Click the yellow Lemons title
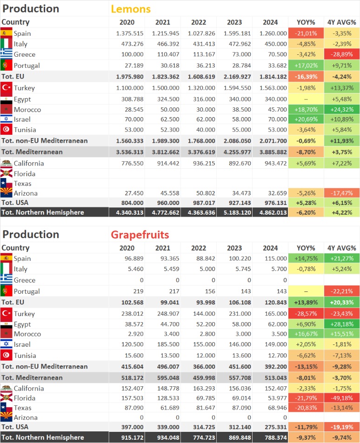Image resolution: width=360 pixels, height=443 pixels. point(131,9)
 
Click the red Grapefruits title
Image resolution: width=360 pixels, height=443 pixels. point(140,234)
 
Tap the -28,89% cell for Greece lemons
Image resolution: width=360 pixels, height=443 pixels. point(342,54)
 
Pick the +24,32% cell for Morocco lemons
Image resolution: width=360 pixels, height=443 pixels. point(342,110)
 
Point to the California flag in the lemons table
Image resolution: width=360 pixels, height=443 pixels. point(7,163)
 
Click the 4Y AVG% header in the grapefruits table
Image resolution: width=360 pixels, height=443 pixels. point(342,248)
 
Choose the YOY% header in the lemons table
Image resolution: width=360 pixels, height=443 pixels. point(306,22)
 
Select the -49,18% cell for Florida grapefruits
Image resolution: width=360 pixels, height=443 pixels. point(342,398)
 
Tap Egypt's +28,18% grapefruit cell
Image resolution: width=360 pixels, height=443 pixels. point(342,324)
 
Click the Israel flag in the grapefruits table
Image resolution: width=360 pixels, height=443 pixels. point(7,344)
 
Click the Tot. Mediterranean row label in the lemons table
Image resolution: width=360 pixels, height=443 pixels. point(32,152)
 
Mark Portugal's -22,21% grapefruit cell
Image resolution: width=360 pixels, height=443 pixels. point(342,291)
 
